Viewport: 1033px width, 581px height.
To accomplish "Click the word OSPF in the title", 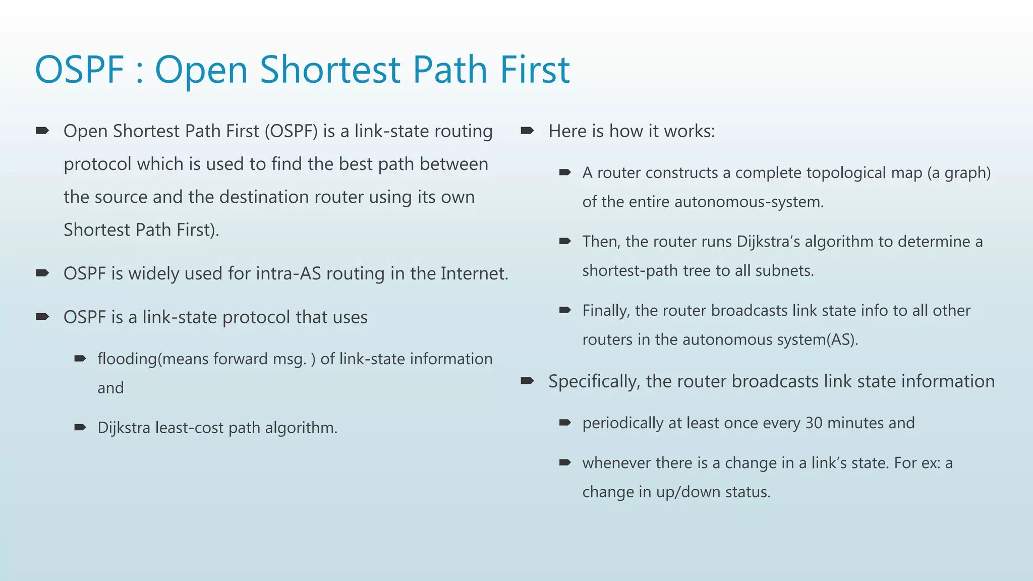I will (x=79, y=70).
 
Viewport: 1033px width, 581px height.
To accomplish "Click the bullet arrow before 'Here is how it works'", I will (x=527, y=131).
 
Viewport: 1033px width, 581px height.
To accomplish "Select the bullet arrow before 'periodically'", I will (x=564, y=423).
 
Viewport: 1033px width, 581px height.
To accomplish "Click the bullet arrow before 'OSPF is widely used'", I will (x=42, y=273).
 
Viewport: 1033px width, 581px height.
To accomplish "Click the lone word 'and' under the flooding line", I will (x=110, y=388).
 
